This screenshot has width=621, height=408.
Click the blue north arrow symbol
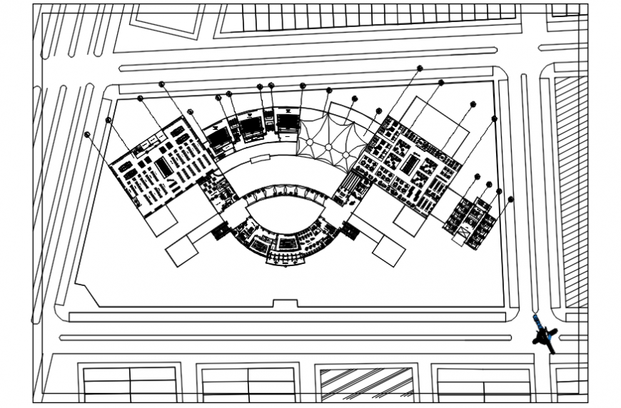(545, 334)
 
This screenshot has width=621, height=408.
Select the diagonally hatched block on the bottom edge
(367, 383)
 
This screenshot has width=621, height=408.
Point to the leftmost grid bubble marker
(87, 134)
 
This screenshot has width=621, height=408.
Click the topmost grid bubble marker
(420, 68)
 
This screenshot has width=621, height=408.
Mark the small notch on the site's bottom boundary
(285, 304)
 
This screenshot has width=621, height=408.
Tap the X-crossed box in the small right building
(466, 232)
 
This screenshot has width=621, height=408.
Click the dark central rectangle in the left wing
(163, 167)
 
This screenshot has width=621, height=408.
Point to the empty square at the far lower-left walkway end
(181, 250)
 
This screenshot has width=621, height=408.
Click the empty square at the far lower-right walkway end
(389, 251)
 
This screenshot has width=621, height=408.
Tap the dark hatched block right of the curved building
(350, 230)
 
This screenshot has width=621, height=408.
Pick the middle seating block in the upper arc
(251, 126)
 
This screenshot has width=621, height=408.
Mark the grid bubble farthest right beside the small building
(510, 199)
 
